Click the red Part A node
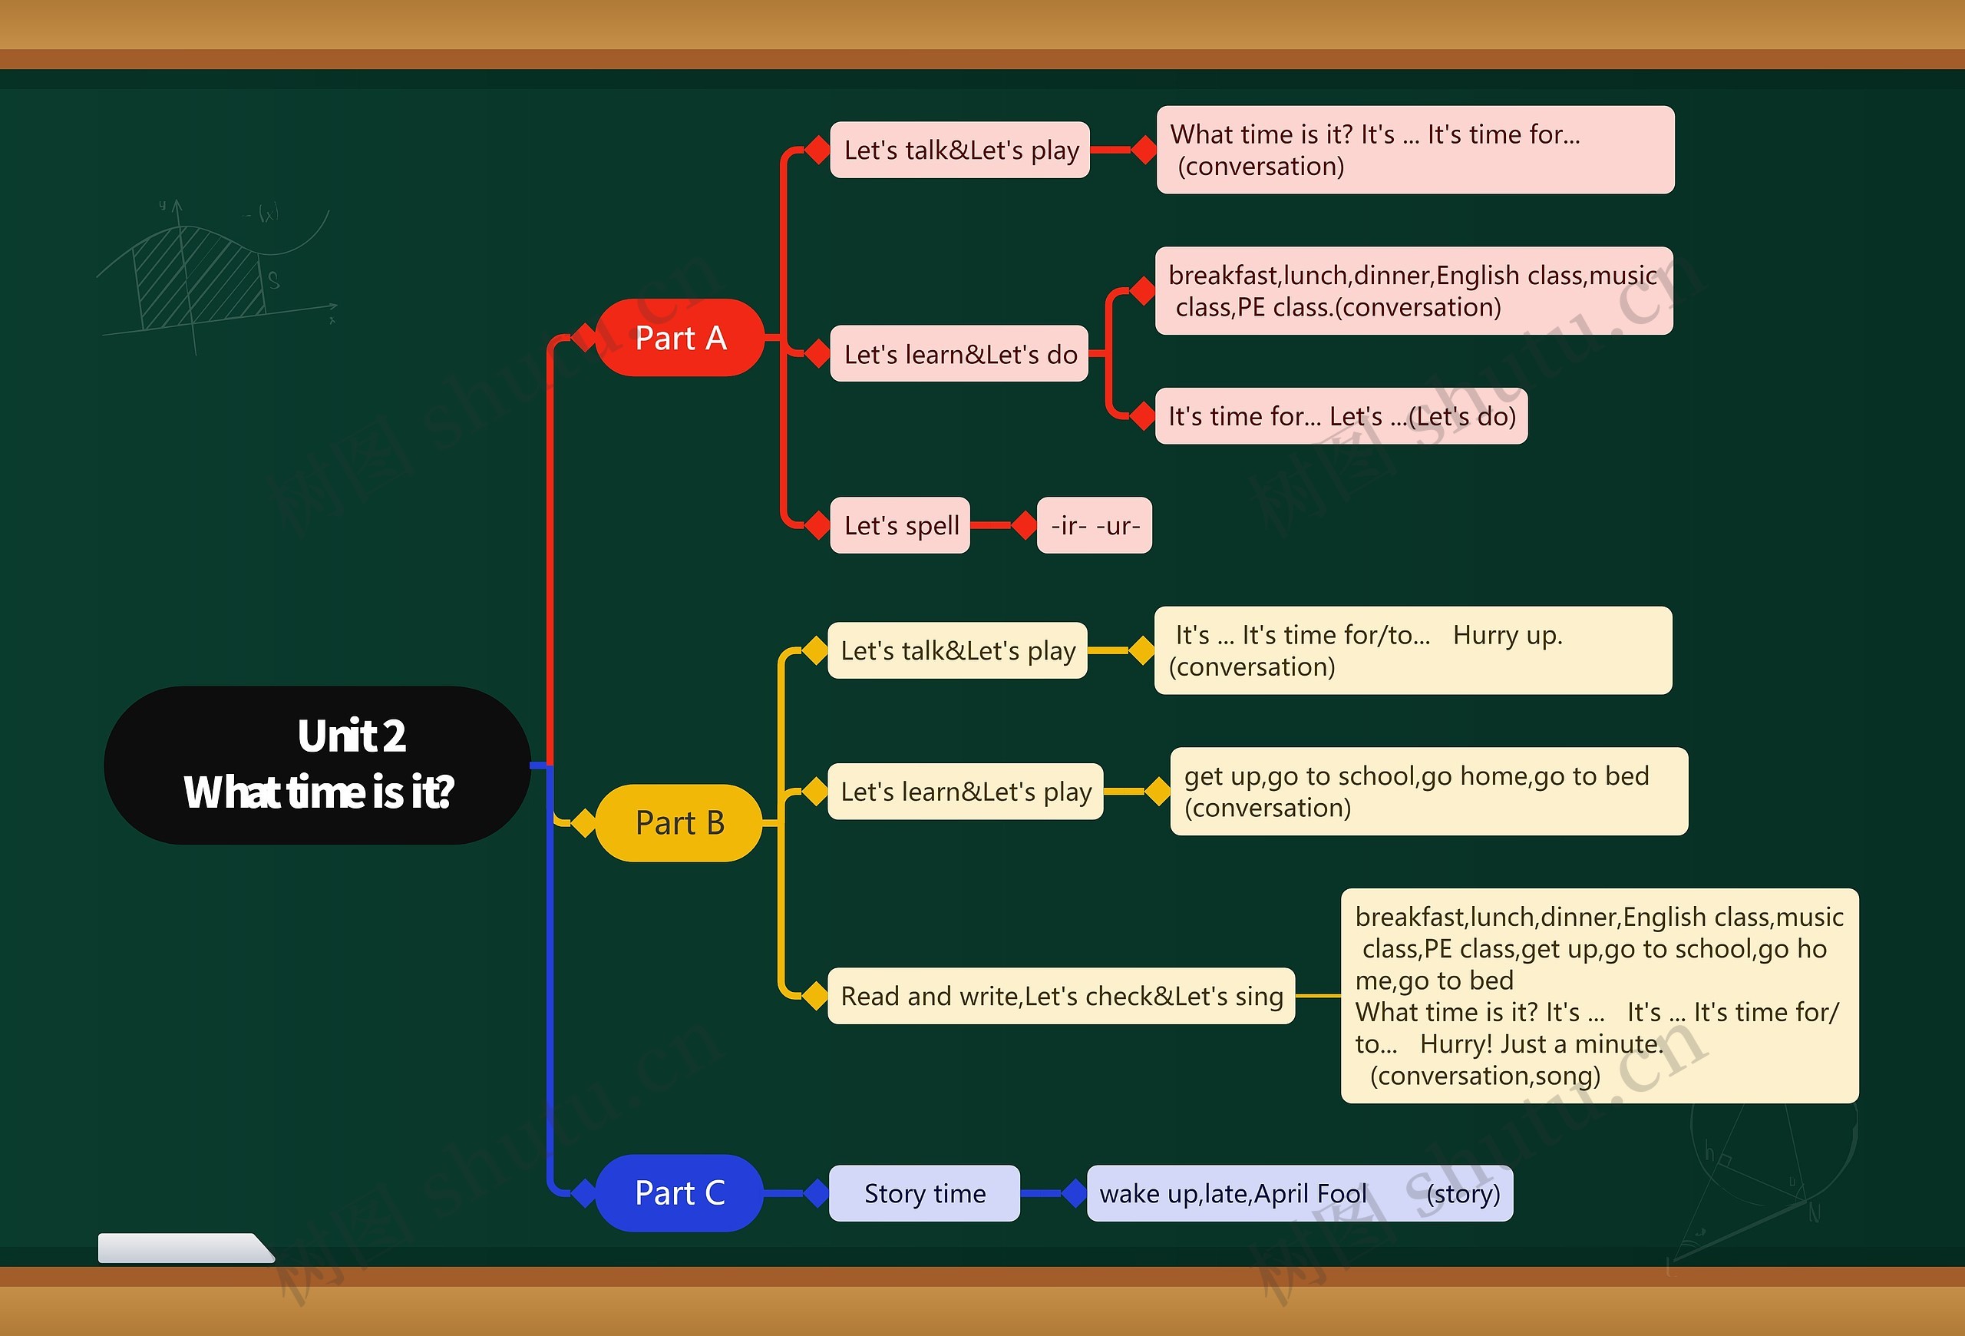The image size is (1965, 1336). coord(680,337)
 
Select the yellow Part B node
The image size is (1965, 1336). coord(680,823)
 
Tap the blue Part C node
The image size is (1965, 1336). coord(680,1192)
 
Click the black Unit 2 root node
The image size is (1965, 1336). coord(318,765)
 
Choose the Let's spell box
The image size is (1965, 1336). coord(900,525)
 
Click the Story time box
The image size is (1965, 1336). coord(924,1193)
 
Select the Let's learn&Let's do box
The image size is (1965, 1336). coord(959,353)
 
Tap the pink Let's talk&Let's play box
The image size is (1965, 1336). coord(959,150)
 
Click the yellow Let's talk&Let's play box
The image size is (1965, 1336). coord(957,650)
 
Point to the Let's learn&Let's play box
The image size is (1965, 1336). coord(966,792)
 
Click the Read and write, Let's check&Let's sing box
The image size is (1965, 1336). coord(1061,996)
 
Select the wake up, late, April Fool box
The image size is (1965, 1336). coord(1300,1193)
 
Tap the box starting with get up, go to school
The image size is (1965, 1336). coord(1429,792)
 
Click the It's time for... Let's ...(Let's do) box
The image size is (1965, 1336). coord(1341,416)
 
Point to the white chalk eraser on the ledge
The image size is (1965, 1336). coord(184,1248)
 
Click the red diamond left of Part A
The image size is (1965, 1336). coord(583,337)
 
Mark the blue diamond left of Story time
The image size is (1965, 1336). coord(817,1193)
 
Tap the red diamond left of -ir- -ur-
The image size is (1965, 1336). coord(1025,525)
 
